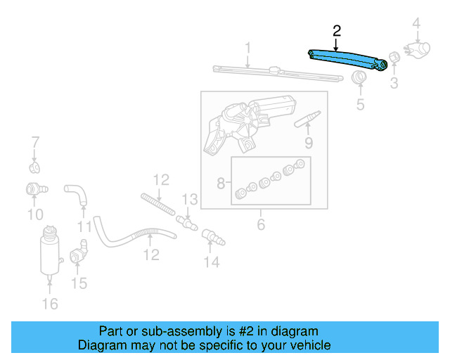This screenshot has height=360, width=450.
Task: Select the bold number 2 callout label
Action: [336, 30]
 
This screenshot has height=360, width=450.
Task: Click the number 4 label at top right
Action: [416, 25]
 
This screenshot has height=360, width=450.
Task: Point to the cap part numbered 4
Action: [419, 50]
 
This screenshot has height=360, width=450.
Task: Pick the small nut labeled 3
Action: [394, 57]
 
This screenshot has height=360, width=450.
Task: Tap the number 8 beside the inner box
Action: [221, 184]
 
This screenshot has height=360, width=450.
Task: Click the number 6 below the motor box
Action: [260, 225]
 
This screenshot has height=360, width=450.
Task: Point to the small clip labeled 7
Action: [34, 167]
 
